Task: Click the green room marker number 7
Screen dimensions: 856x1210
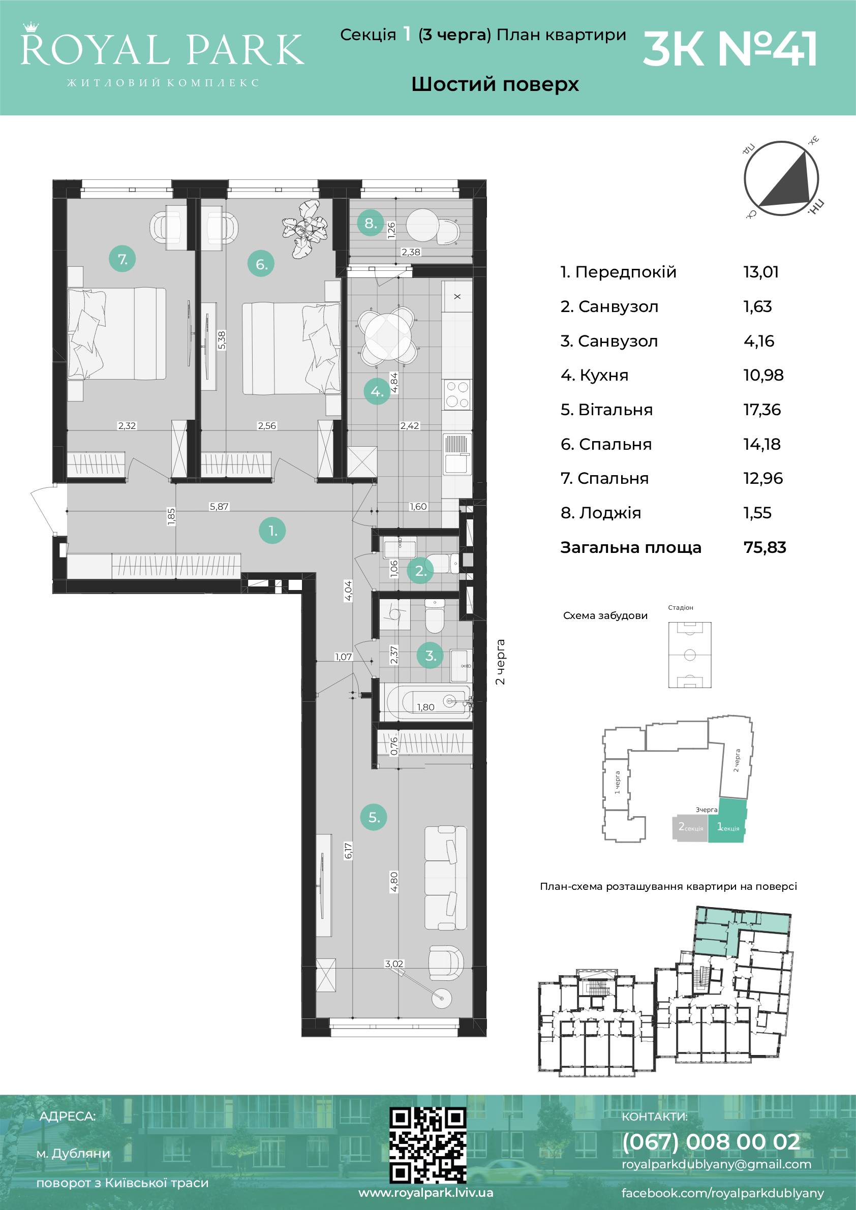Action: click(123, 259)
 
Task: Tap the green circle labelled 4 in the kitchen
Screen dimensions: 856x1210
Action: click(377, 392)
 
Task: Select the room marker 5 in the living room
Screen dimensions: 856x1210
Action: click(374, 817)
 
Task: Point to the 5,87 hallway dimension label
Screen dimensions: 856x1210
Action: click(219, 507)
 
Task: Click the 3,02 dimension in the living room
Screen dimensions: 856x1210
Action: click(394, 964)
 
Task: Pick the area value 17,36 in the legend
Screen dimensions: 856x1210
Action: click(762, 410)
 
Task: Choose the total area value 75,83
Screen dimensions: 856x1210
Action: click(765, 547)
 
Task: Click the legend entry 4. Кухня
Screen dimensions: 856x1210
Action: click(595, 375)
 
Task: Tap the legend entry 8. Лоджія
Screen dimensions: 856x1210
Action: click(601, 513)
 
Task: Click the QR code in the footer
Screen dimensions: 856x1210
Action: click(428, 1144)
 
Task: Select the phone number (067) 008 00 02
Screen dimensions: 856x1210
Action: click(711, 1141)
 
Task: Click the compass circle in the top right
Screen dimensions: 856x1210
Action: click(781, 179)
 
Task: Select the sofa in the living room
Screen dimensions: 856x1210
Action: click(445, 878)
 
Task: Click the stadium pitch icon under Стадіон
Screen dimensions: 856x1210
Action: click(689, 655)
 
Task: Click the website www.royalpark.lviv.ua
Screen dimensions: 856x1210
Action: click(426, 1193)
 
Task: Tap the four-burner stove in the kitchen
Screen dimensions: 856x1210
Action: click(457, 395)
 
